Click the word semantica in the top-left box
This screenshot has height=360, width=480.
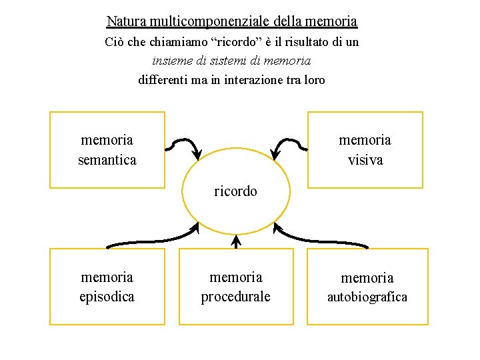click(x=107, y=160)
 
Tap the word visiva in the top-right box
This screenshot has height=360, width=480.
click(x=365, y=160)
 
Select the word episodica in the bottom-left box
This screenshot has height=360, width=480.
click(x=107, y=297)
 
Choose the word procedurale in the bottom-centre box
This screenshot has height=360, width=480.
click(x=236, y=297)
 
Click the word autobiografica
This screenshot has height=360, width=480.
click(x=367, y=297)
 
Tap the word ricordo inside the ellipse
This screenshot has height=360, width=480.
click(x=235, y=191)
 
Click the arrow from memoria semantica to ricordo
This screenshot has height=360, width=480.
click(x=184, y=144)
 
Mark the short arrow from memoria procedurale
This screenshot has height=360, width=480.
click(x=235, y=241)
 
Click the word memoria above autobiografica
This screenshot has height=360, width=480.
click(x=367, y=278)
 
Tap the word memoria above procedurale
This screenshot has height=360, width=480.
click(x=236, y=277)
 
